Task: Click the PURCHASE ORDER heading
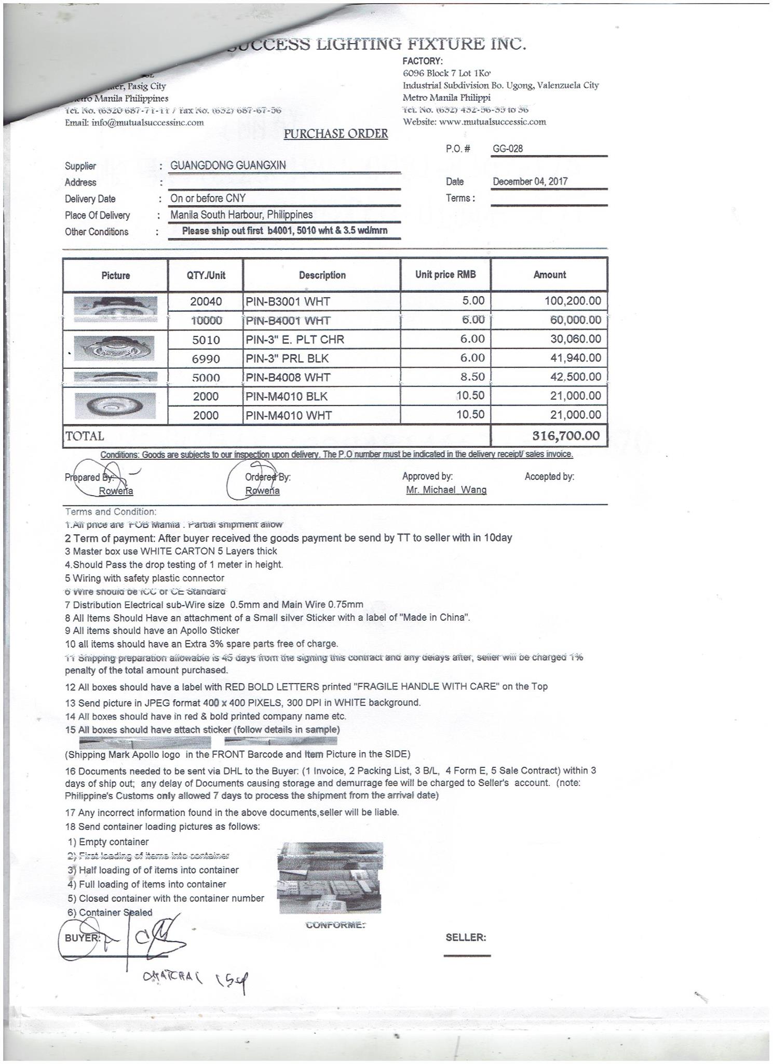click(x=336, y=134)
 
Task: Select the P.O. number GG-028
click(x=508, y=149)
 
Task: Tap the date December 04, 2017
click(x=530, y=181)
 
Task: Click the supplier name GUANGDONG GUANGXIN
click(x=228, y=166)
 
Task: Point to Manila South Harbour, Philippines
click(x=241, y=215)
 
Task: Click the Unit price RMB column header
click(x=445, y=275)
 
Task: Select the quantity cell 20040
click(x=206, y=302)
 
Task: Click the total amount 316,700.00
click(x=566, y=435)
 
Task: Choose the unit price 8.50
click(x=472, y=377)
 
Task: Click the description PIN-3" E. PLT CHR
click(x=295, y=340)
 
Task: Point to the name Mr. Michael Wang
click(x=446, y=490)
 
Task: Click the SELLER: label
click(x=466, y=938)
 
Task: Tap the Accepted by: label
click(x=549, y=476)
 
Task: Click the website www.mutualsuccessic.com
click(x=493, y=122)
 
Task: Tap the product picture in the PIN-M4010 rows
click(x=115, y=405)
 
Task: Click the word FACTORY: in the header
click(x=423, y=61)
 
